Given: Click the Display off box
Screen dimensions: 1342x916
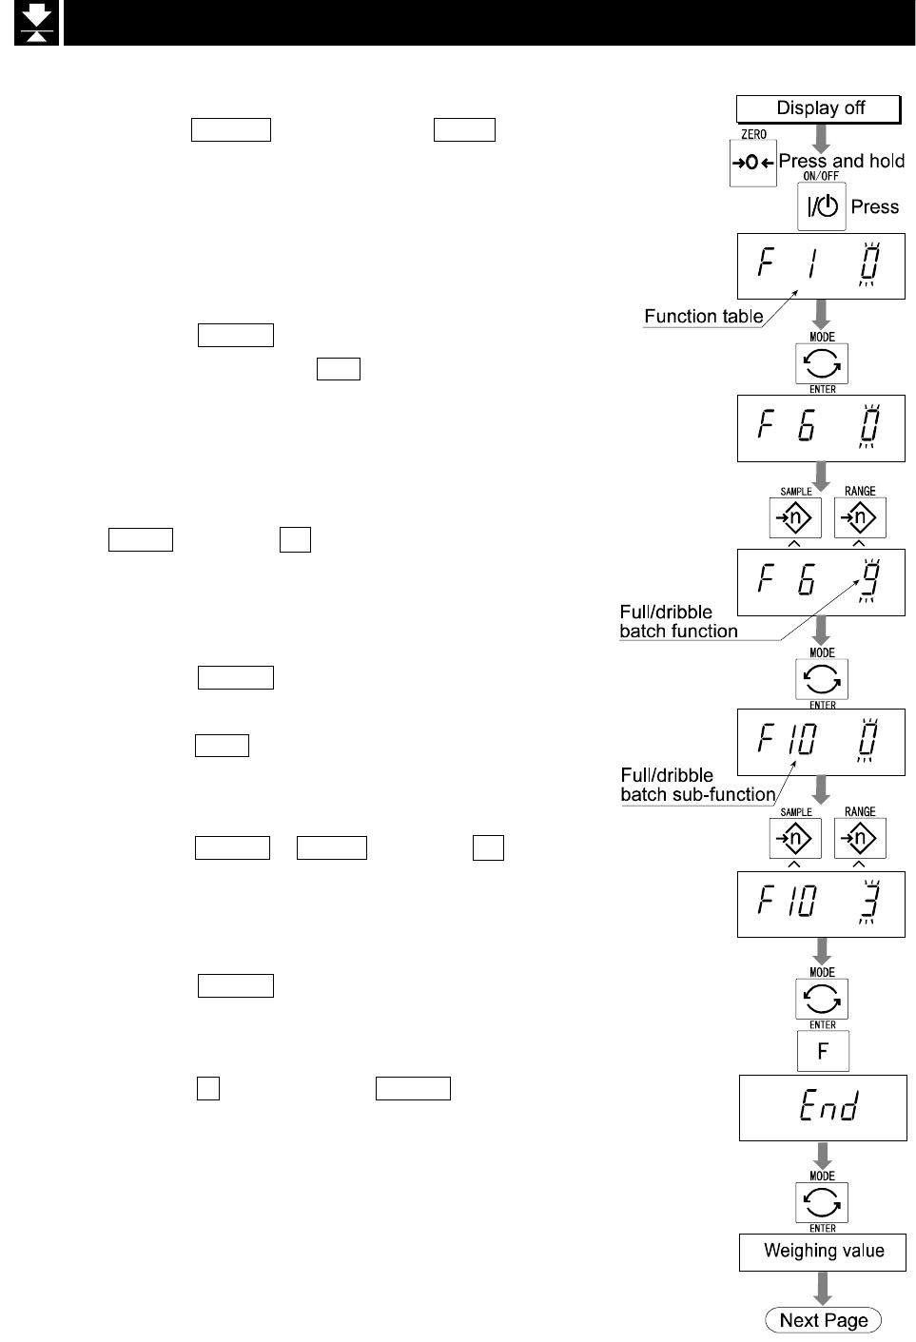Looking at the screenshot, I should pos(819,109).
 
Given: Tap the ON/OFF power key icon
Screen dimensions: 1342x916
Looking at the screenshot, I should pos(821,206).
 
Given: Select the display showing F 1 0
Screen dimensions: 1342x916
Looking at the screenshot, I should pos(821,265).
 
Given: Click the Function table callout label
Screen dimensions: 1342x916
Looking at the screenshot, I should pos(704,317).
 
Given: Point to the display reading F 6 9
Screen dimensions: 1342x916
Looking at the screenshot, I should pos(821,583).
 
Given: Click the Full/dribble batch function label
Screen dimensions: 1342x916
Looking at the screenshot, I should pos(679,621).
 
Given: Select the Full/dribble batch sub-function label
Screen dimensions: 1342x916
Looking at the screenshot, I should pos(698,785).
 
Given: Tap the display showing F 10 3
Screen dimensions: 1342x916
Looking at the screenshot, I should pos(821,904).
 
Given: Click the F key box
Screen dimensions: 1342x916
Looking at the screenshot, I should pos(823,1051).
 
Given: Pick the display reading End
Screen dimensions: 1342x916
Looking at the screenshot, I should pos(824,1107).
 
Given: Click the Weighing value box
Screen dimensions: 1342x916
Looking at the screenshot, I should pos(824,1252).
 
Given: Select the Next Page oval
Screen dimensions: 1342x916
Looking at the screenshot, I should pos(824,1320).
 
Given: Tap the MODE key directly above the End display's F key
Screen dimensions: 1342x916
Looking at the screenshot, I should pos(822,999).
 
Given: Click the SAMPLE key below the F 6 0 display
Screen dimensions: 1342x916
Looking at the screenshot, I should pos(795,517).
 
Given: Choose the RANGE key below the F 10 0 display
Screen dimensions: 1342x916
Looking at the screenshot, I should pos(860,838).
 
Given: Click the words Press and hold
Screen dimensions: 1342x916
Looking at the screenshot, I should pos(842,161).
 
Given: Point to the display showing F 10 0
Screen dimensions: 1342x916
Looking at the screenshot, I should pos(821,742).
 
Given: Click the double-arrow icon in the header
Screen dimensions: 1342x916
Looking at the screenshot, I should pos(36,23).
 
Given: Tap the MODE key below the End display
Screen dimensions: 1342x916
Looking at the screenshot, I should pos(822,1202).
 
